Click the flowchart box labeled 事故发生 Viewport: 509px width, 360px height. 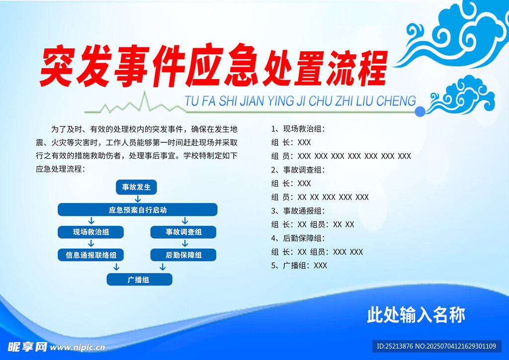pos(136,187)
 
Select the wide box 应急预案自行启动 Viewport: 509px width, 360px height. pos(138,210)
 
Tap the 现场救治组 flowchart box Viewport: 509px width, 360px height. pos(91,232)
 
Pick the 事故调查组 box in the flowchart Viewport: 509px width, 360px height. pos(183,232)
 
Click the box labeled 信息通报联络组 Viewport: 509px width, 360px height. pos(91,255)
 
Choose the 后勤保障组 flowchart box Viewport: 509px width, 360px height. pos(183,255)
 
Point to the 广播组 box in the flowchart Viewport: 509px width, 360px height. pos(140,279)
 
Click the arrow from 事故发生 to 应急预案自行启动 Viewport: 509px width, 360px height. pos(138,199)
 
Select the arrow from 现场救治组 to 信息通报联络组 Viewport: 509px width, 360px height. pos(91,244)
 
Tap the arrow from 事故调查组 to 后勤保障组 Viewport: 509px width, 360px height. pos(185,244)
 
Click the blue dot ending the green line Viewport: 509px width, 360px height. pos(420,112)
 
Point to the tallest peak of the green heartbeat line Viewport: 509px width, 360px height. pos(145,91)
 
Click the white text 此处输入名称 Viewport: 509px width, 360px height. pos(416,315)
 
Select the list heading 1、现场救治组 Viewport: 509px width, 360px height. pos(298,129)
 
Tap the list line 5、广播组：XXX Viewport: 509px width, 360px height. pos(299,266)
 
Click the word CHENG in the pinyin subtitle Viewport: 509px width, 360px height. pos(396,101)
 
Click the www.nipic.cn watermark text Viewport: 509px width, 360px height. pos(78,348)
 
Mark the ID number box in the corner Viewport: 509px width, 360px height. pos(436,347)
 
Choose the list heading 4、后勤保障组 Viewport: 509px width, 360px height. pos(298,238)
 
